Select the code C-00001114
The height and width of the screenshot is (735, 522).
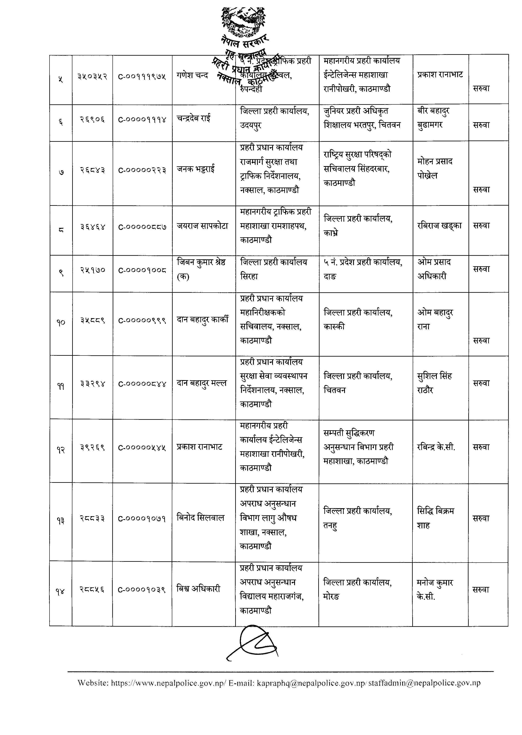pyautogui.click(x=142, y=120)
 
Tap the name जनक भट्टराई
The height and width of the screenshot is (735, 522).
pyautogui.click(x=196, y=169)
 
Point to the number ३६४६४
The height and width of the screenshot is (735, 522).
pyautogui.click(x=93, y=227)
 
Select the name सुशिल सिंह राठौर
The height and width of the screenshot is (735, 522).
pyautogui.click(x=434, y=383)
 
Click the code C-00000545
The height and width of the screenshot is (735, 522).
pyautogui.click(x=142, y=448)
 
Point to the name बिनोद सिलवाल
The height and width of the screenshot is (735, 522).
pyautogui.click(x=200, y=518)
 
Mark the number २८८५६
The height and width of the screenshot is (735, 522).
pyautogui.click(x=92, y=590)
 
